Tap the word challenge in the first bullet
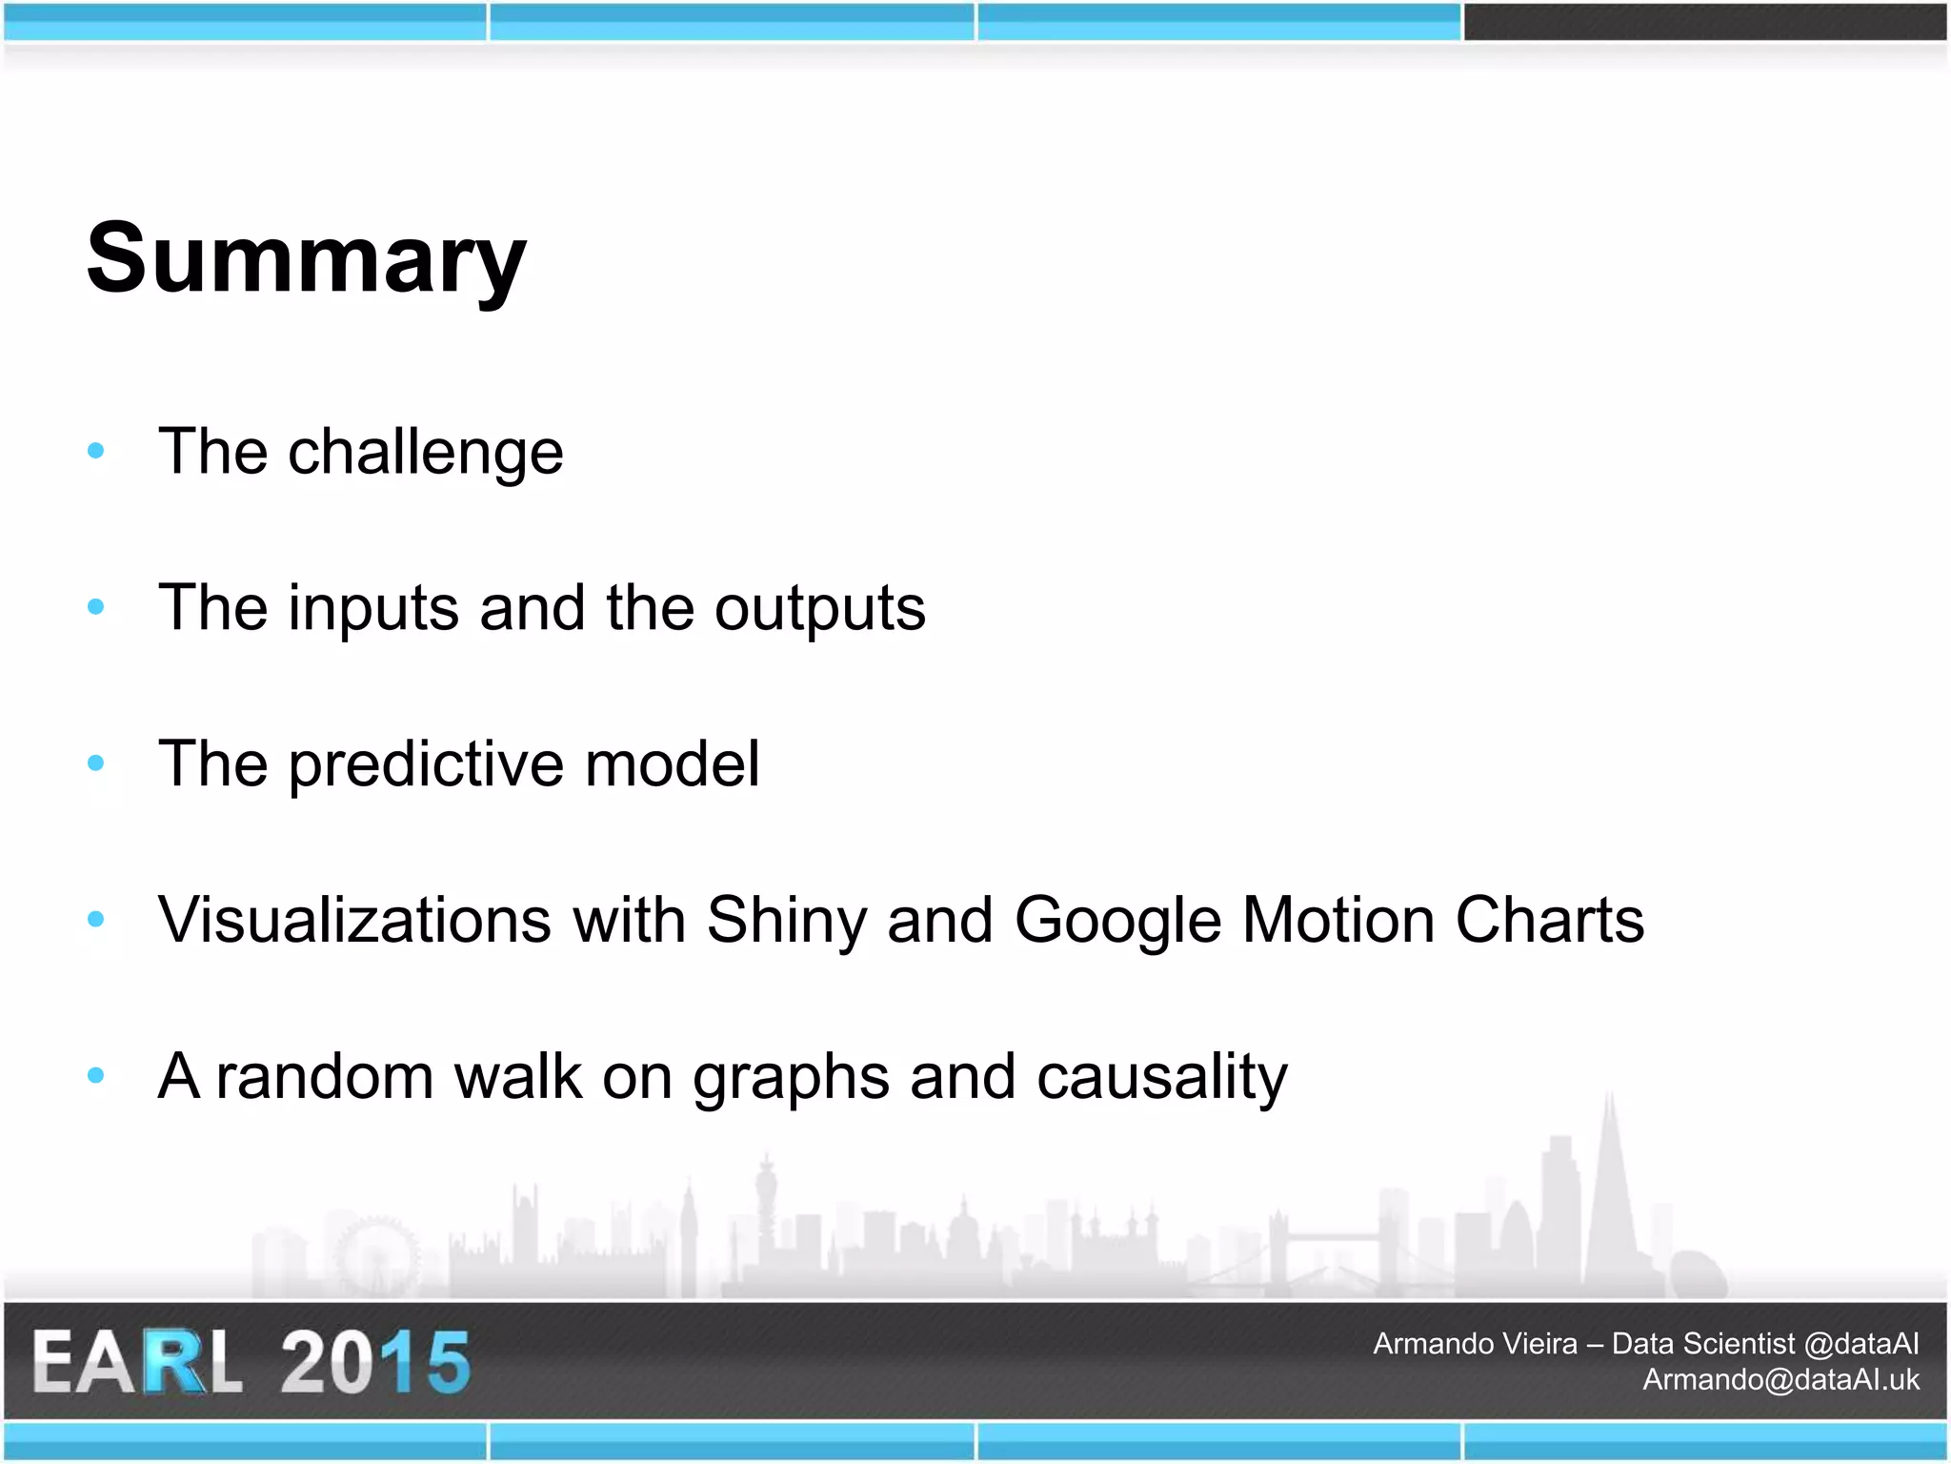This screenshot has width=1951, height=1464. pyautogui.click(x=425, y=452)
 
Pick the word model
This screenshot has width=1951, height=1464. pyautogui.click(x=672, y=763)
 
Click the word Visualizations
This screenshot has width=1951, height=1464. pyautogui.click(x=354, y=920)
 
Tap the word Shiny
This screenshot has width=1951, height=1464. pyautogui.click(x=786, y=922)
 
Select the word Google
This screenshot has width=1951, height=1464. pyautogui.click(x=1117, y=922)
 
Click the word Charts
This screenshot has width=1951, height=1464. pyautogui.click(x=1549, y=920)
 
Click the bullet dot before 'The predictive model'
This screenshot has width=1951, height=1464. pyautogui.click(x=95, y=762)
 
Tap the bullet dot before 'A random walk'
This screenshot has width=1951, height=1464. pyautogui.click(x=95, y=1075)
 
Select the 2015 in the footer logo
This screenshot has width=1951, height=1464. pyautogui.click(x=374, y=1362)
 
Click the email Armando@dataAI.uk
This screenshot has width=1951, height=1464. pyautogui.click(x=1780, y=1379)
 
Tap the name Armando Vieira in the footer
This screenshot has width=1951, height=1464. pyautogui.click(x=1474, y=1344)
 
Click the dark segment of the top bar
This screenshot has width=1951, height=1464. pyautogui.click(x=1704, y=21)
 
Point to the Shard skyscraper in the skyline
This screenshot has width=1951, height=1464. pyautogui.click(x=1610, y=1191)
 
